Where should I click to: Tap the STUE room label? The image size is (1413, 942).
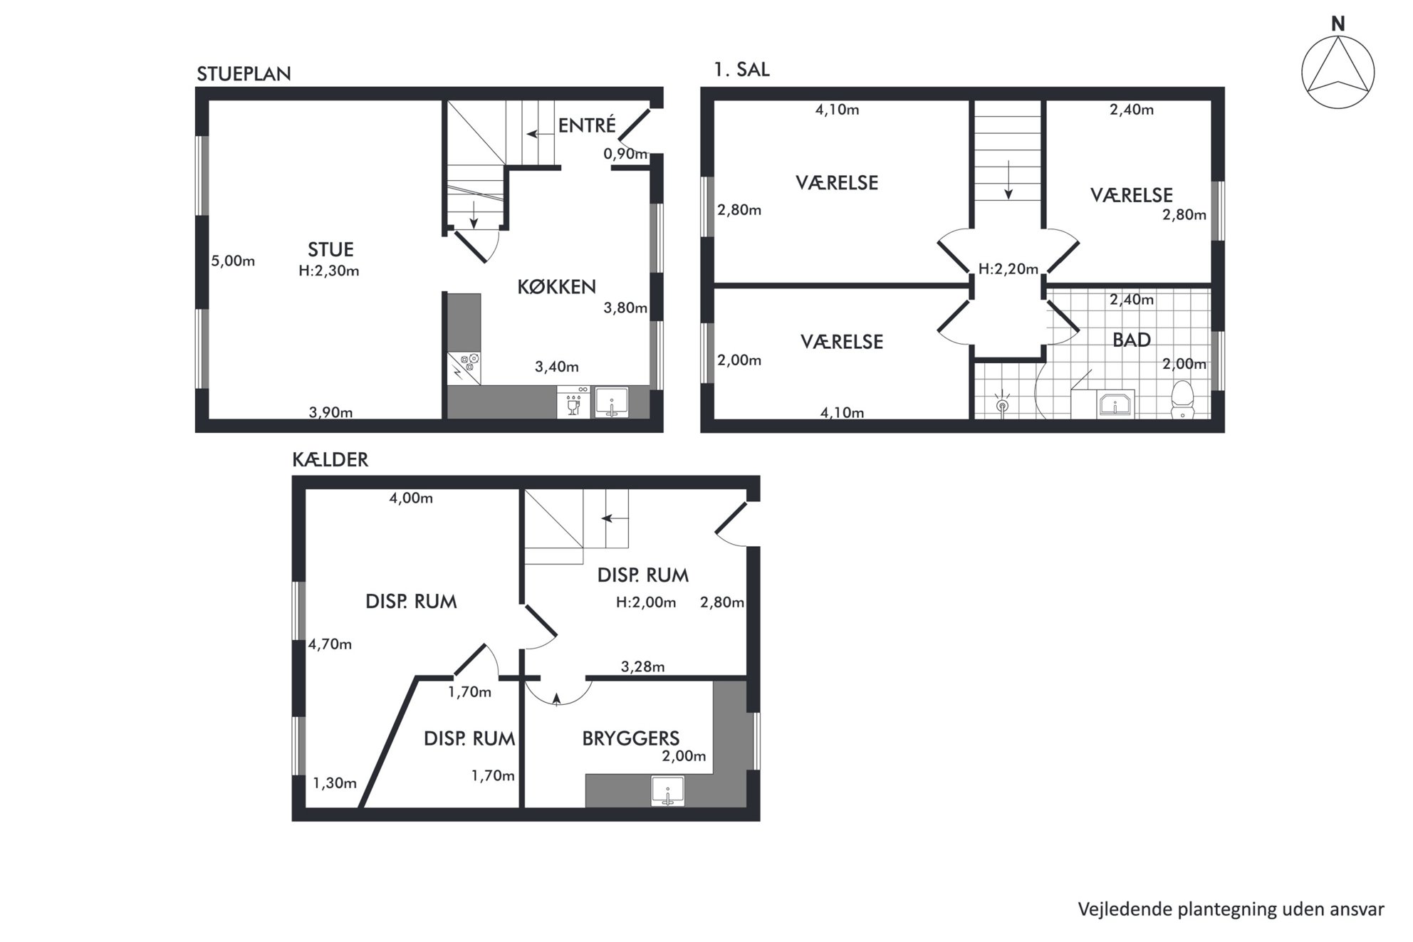(x=330, y=249)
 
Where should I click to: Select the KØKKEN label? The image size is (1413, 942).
(x=556, y=287)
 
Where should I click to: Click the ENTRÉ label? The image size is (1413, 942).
(x=587, y=125)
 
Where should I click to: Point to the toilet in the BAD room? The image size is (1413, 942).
(x=1182, y=399)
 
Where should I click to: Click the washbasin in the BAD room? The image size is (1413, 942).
(x=1115, y=404)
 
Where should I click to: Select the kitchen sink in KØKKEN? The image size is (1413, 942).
(x=611, y=402)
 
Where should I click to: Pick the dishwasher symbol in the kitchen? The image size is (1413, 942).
(x=573, y=402)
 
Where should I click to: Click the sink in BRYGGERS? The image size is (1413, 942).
(x=667, y=792)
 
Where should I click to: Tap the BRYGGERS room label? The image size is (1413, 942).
(x=630, y=738)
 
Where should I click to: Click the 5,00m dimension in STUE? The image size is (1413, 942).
(x=233, y=261)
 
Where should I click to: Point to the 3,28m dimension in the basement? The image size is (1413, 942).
(x=642, y=667)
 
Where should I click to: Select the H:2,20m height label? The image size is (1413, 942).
(x=1008, y=269)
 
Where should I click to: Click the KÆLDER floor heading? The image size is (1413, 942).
(x=330, y=460)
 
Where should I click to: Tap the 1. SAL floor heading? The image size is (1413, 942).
(x=741, y=70)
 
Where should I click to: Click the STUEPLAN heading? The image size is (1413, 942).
(x=244, y=74)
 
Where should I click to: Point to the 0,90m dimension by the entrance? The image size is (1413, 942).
(x=625, y=154)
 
